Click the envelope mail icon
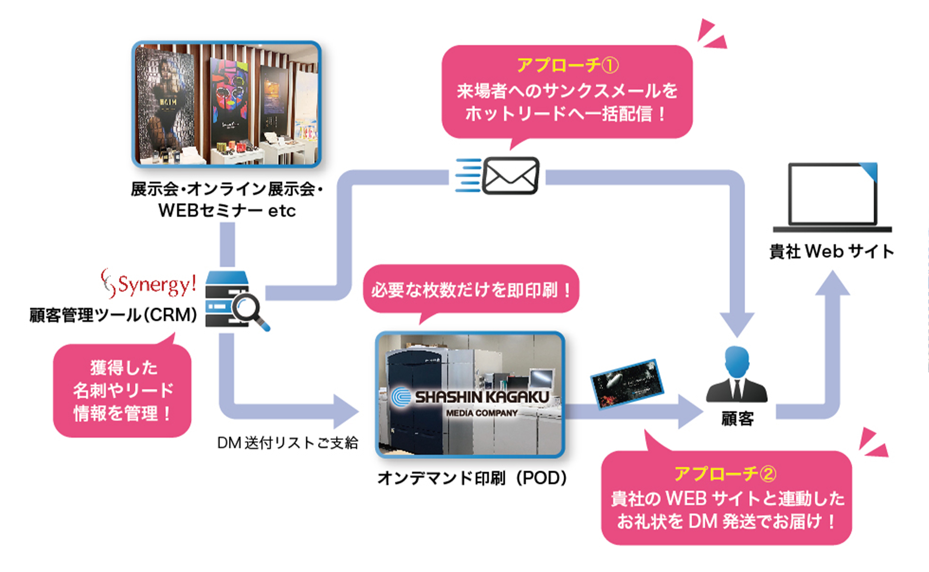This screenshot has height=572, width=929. [510, 176]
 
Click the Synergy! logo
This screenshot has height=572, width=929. [149, 283]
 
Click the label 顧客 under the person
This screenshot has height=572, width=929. [737, 419]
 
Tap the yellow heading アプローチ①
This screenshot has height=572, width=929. [567, 65]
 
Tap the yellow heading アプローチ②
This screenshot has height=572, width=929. [725, 474]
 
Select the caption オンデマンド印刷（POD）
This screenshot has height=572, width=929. [472, 478]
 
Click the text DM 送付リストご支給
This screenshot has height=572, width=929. [287, 443]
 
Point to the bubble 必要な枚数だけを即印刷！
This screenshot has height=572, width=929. [471, 290]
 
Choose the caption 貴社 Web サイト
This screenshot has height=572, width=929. [832, 251]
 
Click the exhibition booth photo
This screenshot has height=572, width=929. [227, 104]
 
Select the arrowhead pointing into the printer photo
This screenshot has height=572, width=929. [346, 412]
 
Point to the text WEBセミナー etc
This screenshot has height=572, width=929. [227, 210]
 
